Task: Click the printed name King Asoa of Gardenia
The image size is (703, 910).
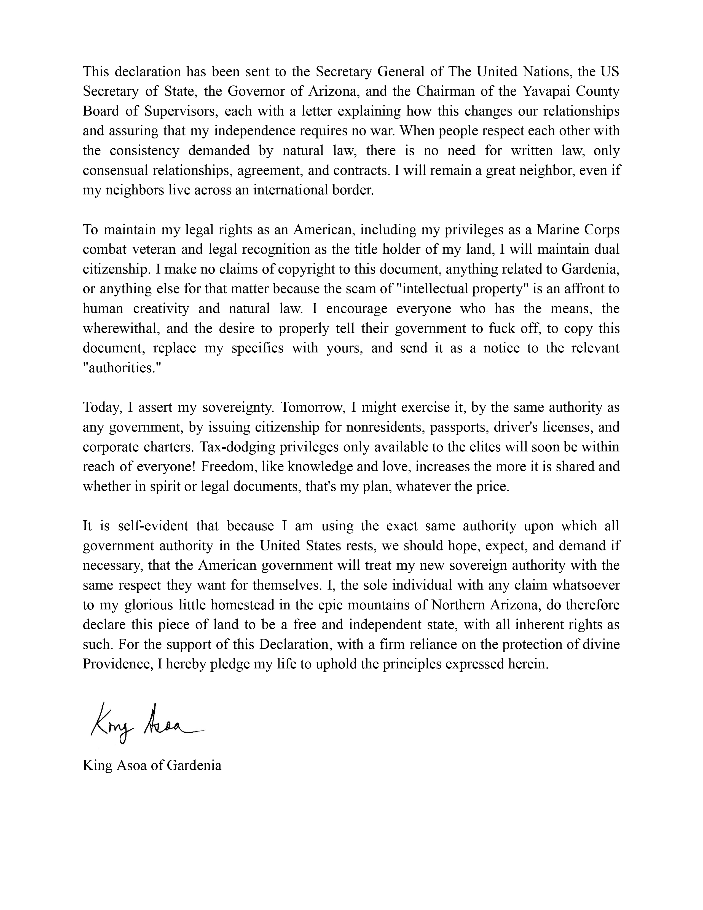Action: [152, 766]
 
